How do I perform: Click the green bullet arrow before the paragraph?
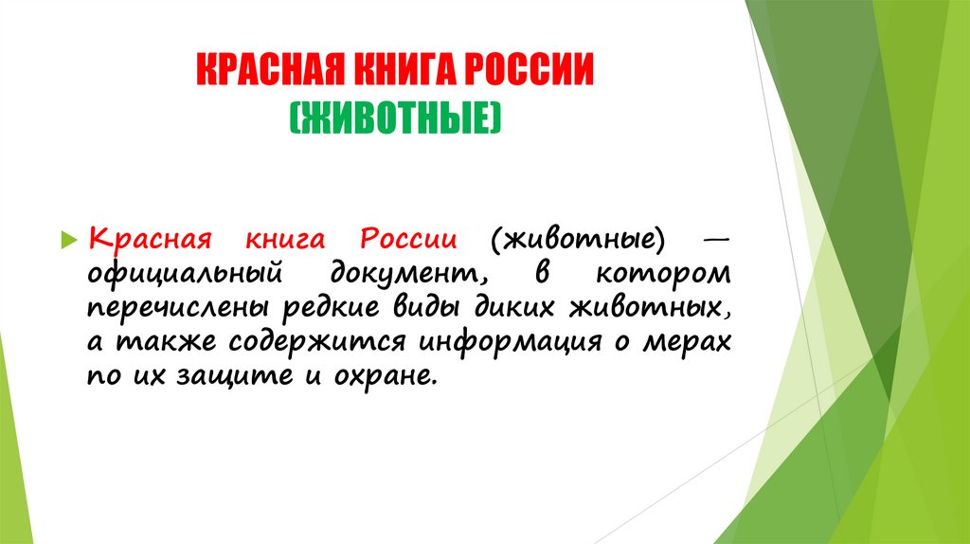point(67,237)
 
